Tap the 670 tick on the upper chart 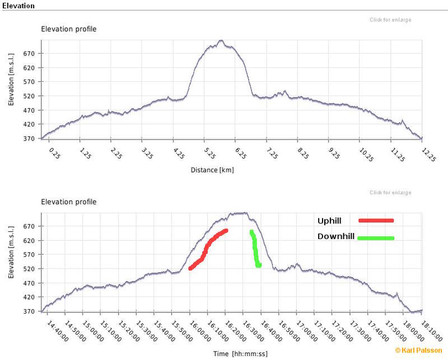[29, 54]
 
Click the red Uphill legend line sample [376, 221]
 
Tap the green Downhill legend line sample [376, 239]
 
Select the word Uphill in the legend [329, 221]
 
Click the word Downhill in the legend [336, 237]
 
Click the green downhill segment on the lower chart [255, 249]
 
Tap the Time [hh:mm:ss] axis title [240, 354]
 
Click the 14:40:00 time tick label [58, 329]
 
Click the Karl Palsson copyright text [419, 350]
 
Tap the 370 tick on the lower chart [29, 311]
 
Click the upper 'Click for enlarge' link [390, 20]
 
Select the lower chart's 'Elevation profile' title [69, 202]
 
